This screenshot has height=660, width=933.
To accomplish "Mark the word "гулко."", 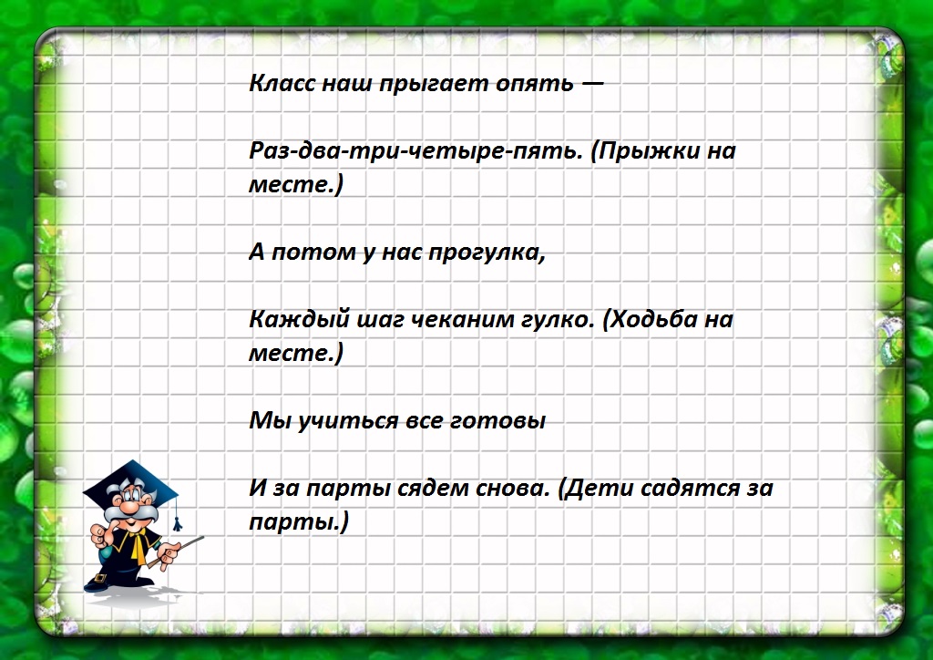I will click(x=542, y=320).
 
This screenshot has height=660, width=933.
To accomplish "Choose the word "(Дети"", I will click(x=595, y=489).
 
